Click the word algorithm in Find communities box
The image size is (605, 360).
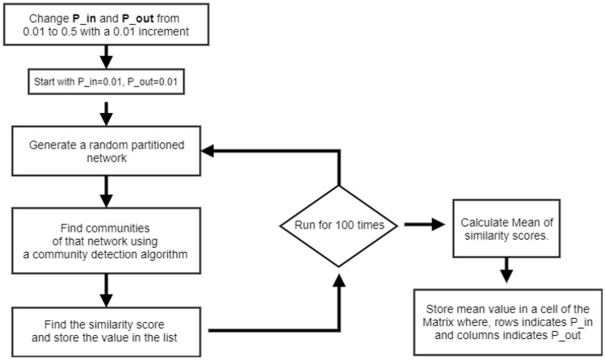[x=162, y=254]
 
